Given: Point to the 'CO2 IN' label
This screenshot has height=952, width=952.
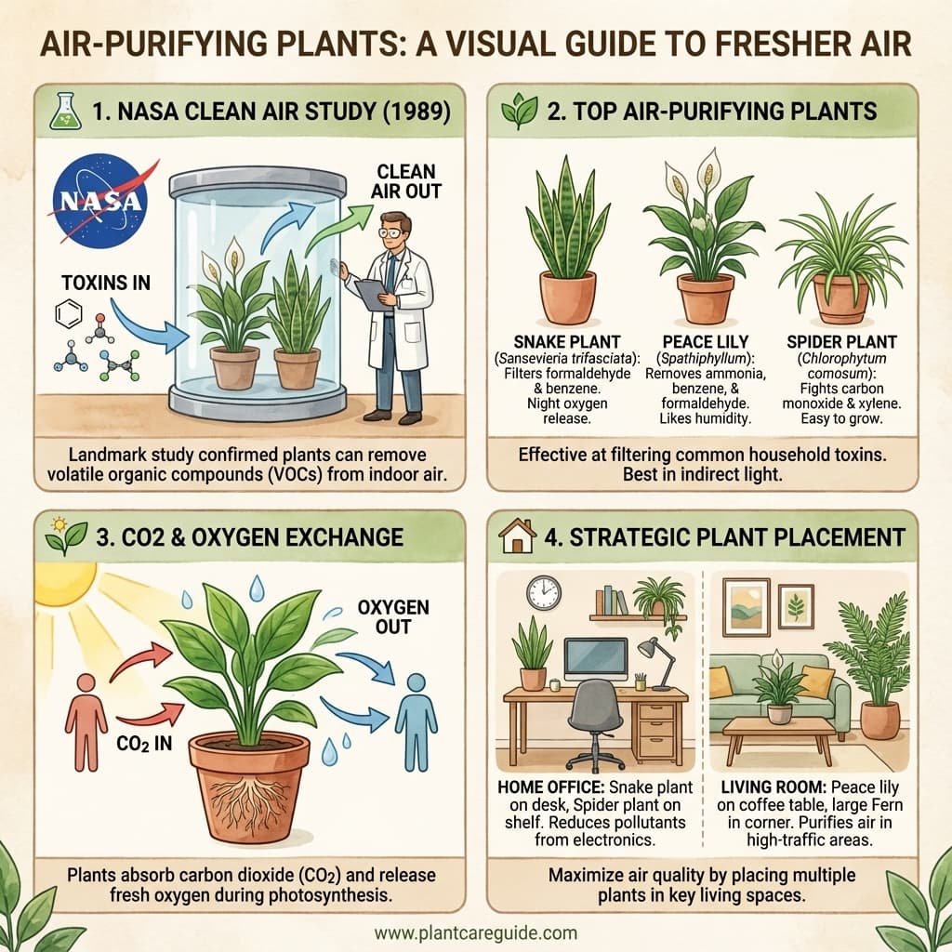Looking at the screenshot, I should point(143,744).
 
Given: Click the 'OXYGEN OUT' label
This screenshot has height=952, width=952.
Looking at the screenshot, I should point(393,616).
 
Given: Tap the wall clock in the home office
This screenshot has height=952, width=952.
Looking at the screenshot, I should point(544,592).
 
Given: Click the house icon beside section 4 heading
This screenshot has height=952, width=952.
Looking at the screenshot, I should point(519,536).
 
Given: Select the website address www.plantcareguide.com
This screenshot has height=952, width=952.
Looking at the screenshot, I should point(475,932).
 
